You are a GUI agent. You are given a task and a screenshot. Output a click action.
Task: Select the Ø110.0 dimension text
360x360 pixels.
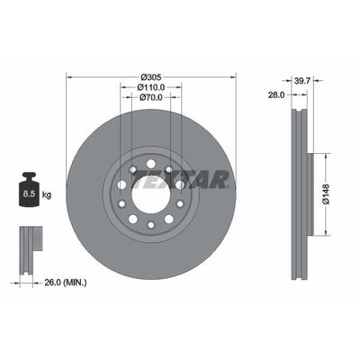coord(150,87)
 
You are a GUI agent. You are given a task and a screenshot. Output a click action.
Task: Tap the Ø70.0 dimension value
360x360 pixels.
coord(150,97)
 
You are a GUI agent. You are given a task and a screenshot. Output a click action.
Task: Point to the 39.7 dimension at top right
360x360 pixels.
coord(304,80)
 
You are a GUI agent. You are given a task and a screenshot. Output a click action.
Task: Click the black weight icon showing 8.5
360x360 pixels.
coord(30,189)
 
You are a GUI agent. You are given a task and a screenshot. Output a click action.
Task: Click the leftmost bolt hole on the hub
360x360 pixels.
coord(121,184)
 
